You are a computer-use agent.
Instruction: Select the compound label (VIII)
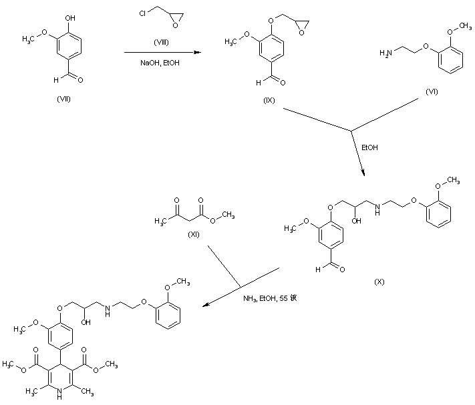coord(162,42)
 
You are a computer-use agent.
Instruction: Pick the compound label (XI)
coord(194,234)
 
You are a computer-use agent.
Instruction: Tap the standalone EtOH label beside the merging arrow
coord(369,147)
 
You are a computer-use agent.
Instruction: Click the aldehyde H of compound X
coord(319,271)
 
